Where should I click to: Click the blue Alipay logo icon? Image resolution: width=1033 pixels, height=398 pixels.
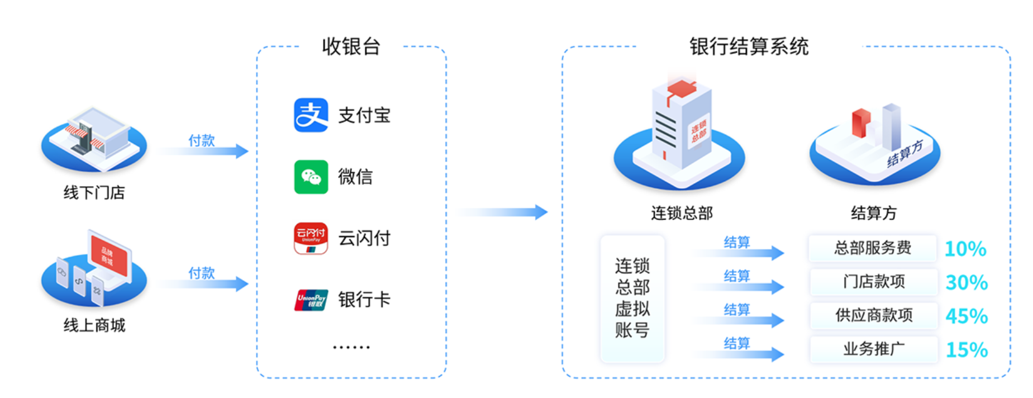click(311, 115)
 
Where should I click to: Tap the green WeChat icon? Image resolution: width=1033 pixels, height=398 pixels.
click(311, 177)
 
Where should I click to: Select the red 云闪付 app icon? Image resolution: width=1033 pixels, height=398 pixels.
click(311, 238)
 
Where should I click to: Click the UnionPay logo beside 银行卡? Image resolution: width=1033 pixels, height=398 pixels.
click(311, 300)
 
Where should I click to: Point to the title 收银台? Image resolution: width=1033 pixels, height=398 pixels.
click(351, 46)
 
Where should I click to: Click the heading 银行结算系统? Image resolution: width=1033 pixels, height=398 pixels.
click(749, 46)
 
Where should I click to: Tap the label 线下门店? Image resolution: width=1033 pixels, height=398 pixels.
click(94, 193)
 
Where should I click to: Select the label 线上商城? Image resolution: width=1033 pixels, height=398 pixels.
click(94, 325)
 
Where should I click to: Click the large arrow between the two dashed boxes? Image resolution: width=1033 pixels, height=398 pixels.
click(503, 212)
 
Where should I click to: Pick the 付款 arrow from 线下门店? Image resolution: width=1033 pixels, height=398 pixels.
click(204, 150)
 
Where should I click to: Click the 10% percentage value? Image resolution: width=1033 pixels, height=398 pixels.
click(965, 249)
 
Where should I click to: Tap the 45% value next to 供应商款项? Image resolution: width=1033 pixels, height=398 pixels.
click(967, 316)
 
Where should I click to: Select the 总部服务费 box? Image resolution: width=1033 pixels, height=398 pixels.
click(872, 248)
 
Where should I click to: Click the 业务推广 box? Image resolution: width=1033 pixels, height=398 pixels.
click(873, 349)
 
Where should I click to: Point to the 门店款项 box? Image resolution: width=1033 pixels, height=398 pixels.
click(873, 282)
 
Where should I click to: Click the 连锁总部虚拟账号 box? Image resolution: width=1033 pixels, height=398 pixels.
click(632, 298)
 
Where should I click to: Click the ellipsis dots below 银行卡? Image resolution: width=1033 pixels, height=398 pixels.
click(351, 347)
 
